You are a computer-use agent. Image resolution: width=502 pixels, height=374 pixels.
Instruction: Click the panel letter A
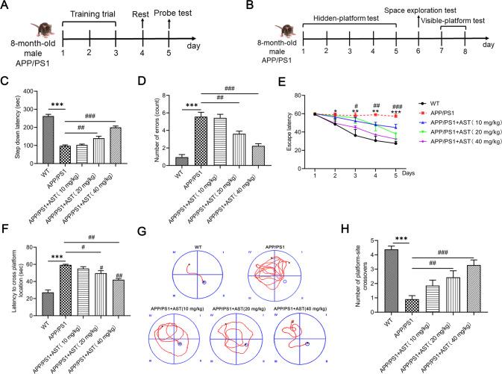pos(7,7)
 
